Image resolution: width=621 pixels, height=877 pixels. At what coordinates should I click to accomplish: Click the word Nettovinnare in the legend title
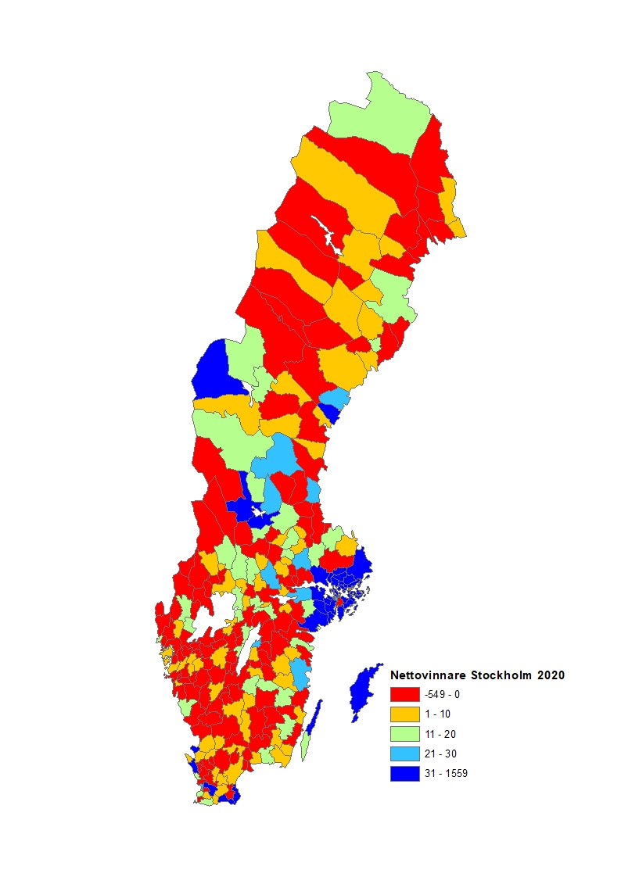[x=426, y=674]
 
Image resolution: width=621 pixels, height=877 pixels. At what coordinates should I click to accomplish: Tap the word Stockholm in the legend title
[x=499, y=674]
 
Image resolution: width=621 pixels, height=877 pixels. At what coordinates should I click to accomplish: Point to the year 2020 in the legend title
[x=550, y=674]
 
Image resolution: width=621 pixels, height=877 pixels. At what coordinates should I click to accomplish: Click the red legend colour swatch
[x=405, y=694]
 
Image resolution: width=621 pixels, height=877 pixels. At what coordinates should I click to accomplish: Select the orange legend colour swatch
[x=405, y=714]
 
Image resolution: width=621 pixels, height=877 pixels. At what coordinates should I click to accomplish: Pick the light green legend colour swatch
[x=405, y=734]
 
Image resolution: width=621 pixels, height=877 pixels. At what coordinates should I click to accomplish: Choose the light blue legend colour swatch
[x=405, y=754]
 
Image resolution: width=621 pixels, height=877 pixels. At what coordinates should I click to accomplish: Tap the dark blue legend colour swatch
[x=405, y=774]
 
